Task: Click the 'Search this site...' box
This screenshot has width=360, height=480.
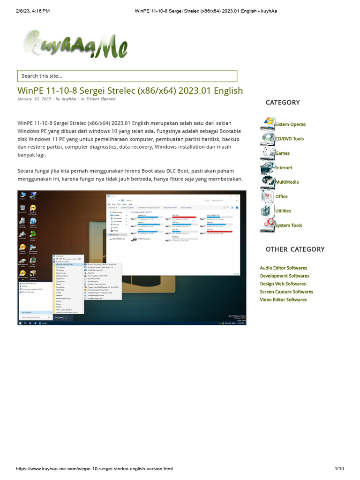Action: click(x=127, y=76)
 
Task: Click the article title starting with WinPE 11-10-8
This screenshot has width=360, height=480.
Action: click(x=130, y=90)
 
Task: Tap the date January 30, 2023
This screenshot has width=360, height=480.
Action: click(x=34, y=99)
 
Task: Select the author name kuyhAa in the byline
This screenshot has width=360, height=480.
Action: click(x=69, y=99)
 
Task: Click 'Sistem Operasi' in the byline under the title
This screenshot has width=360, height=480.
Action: click(x=100, y=99)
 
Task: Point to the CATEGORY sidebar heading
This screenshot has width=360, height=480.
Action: click(x=282, y=102)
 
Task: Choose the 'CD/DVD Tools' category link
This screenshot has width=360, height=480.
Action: click(x=289, y=139)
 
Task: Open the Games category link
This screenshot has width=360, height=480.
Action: click(x=282, y=153)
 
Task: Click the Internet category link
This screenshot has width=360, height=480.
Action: click(x=284, y=168)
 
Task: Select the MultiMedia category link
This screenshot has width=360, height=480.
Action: click(x=287, y=182)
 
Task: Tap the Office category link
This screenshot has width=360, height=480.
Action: click(x=281, y=197)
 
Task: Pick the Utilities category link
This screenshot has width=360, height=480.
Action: click(x=283, y=211)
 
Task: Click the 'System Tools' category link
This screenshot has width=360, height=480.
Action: click(x=289, y=225)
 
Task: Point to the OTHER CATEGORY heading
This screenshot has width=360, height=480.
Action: click(x=295, y=249)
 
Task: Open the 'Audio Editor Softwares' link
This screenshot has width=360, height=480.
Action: click(x=284, y=268)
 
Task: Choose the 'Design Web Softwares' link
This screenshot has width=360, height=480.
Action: click(x=283, y=284)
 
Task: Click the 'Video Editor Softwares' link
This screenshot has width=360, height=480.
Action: click(x=283, y=300)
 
